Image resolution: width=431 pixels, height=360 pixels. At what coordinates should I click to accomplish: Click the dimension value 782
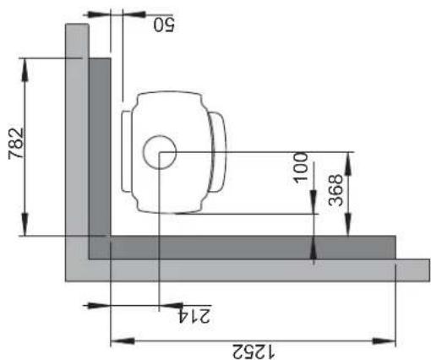coord(16,144)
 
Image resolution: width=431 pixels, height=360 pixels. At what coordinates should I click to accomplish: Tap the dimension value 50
coord(164,25)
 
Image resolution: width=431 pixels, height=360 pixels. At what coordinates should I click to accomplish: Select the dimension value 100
coord(301,168)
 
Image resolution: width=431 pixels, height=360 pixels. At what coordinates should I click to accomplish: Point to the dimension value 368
coord(336,190)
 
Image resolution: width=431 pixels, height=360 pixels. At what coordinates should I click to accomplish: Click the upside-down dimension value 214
coord(194,316)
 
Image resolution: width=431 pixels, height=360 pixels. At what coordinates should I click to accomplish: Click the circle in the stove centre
coord(160,152)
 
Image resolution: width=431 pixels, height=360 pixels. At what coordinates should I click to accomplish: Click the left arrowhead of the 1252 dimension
coord(122,341)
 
